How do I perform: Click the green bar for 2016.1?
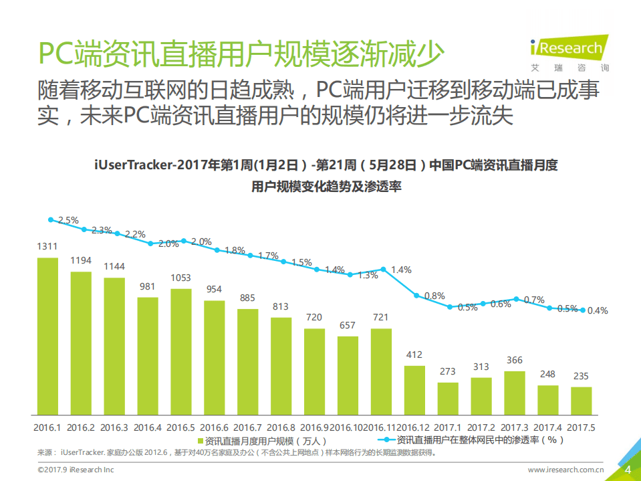click(47, 335)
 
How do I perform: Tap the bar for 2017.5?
click(582, 400)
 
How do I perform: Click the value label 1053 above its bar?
click(180, 278)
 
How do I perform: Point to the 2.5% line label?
click(68, 219)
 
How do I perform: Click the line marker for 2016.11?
click(383, 269)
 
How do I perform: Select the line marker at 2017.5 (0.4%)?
click(583, 310)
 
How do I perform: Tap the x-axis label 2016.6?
click(214, 427)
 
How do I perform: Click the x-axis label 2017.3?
click(515, 427)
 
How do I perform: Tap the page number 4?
click(627, 470)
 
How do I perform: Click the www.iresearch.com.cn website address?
click(566, 470)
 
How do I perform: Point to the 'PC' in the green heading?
click(54, 53)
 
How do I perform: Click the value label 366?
click(515, 360)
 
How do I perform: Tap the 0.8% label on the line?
click(434, 296)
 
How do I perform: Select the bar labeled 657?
click(348, 375)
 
